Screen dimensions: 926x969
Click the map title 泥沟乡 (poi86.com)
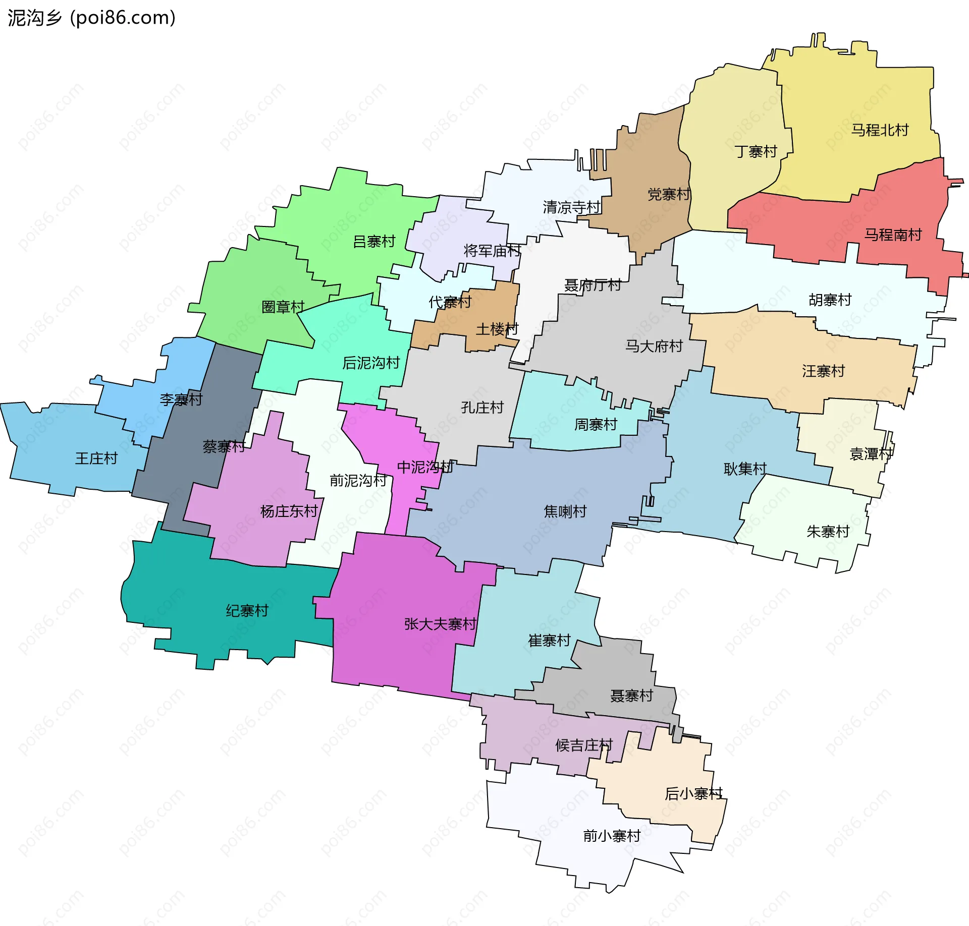pyautogui.click(x=91, y=18)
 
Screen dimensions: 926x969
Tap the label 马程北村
pyautogui.click(x=880, y=130)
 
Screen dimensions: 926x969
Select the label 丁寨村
pyautogui.click(x=756, y=151)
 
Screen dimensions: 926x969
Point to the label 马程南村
pyautogui.click(x=893, y=235)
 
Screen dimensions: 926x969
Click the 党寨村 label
pyautogui.click(x=669, y=194)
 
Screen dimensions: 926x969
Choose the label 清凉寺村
pyautogui.click(x=571, y=207)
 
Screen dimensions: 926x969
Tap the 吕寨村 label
pyautogui.click(x=374, y=242)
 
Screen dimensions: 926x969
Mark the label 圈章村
pyautogui.click(x=283, y=307)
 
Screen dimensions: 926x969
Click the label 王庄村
pyautogui.click(x=96, y=458)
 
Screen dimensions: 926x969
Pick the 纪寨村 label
pyautogui.click(x=247, y=611)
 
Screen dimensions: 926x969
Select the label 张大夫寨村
pyautogui.click(x=440, y=624)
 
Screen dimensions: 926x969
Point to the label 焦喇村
pyautogui.click(x=565, y=511)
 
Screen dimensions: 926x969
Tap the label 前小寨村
pyautogui.click(x=612, y=836)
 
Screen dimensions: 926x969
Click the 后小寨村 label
pyautogui.click(x=693, y=793)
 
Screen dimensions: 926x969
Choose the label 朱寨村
pyautogui.click(x=828, y=531)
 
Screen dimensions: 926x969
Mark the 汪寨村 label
pyautogui.click(x=823, y=371)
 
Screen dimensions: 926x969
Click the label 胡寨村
pyautogui.click(x=830, y=300)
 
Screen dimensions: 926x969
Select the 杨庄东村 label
pyautogui.click(x=289, y=511)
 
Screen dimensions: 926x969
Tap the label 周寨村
pyautogui.click(x=596, y=425)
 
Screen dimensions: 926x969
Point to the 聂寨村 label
pyautogui.click(x=631, y=696)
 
